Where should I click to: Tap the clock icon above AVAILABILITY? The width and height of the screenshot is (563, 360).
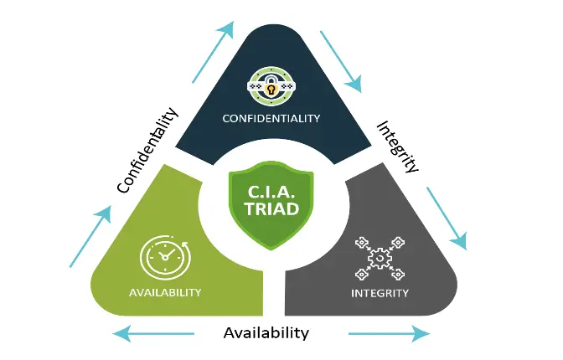click(x=164, y=258)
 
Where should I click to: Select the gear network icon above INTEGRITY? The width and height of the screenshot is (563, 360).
click(x=379, y=258)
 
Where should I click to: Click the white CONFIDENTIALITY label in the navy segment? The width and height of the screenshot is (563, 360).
click(x=271, y=118)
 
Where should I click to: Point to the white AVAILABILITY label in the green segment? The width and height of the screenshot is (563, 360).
click(x=165, y=292)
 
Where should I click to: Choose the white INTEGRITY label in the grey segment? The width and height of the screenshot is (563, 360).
click(x=380, y=293)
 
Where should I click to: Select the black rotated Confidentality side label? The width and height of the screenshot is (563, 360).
click(x=148, y=151)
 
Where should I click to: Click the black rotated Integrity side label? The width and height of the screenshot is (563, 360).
click(x=397, y=146)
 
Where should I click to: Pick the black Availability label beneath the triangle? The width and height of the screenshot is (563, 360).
click(x=266, y=332)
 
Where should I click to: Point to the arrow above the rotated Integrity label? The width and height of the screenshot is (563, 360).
click(x=341, y=61)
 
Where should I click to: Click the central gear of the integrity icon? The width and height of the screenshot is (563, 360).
click(x=380, y=259)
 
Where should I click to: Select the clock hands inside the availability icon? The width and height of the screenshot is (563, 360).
click(x=164, y=255)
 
